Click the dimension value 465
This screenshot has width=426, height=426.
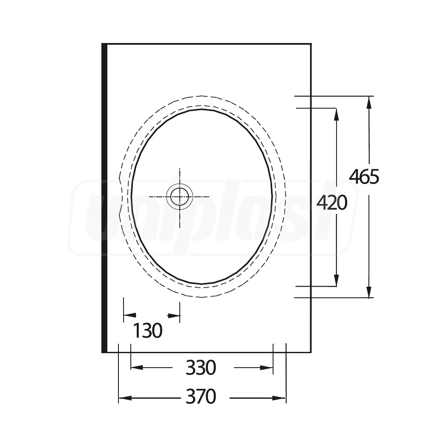[364, 176]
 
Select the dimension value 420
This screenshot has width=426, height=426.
[332, 203]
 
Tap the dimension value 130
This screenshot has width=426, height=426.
[148, 331]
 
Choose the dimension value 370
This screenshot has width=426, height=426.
[201, 397]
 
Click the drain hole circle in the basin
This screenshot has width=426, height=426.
[179, 197]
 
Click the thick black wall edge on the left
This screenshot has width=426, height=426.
[104, 198]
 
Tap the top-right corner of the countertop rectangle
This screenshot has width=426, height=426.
[311, 44]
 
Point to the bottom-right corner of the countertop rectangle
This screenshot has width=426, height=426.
[311, 352]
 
